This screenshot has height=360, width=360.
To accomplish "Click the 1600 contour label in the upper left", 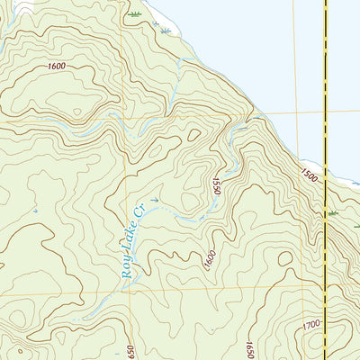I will pos(58,66).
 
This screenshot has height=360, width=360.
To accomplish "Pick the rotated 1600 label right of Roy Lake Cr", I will pos(209,261).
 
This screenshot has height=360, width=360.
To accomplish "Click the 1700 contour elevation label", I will pos(312,323).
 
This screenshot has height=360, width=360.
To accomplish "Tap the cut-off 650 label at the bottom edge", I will pos(130,350).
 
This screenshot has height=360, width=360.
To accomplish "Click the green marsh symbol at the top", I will pos(135,15).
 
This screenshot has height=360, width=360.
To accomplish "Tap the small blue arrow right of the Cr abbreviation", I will pos(155,201).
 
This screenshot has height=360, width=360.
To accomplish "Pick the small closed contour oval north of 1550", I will pos(193,135).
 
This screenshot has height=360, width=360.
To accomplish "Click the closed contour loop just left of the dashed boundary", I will pos(285,259).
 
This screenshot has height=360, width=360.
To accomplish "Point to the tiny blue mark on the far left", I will pos(35,210).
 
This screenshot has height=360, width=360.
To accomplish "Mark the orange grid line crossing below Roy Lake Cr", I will pos(180,291).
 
